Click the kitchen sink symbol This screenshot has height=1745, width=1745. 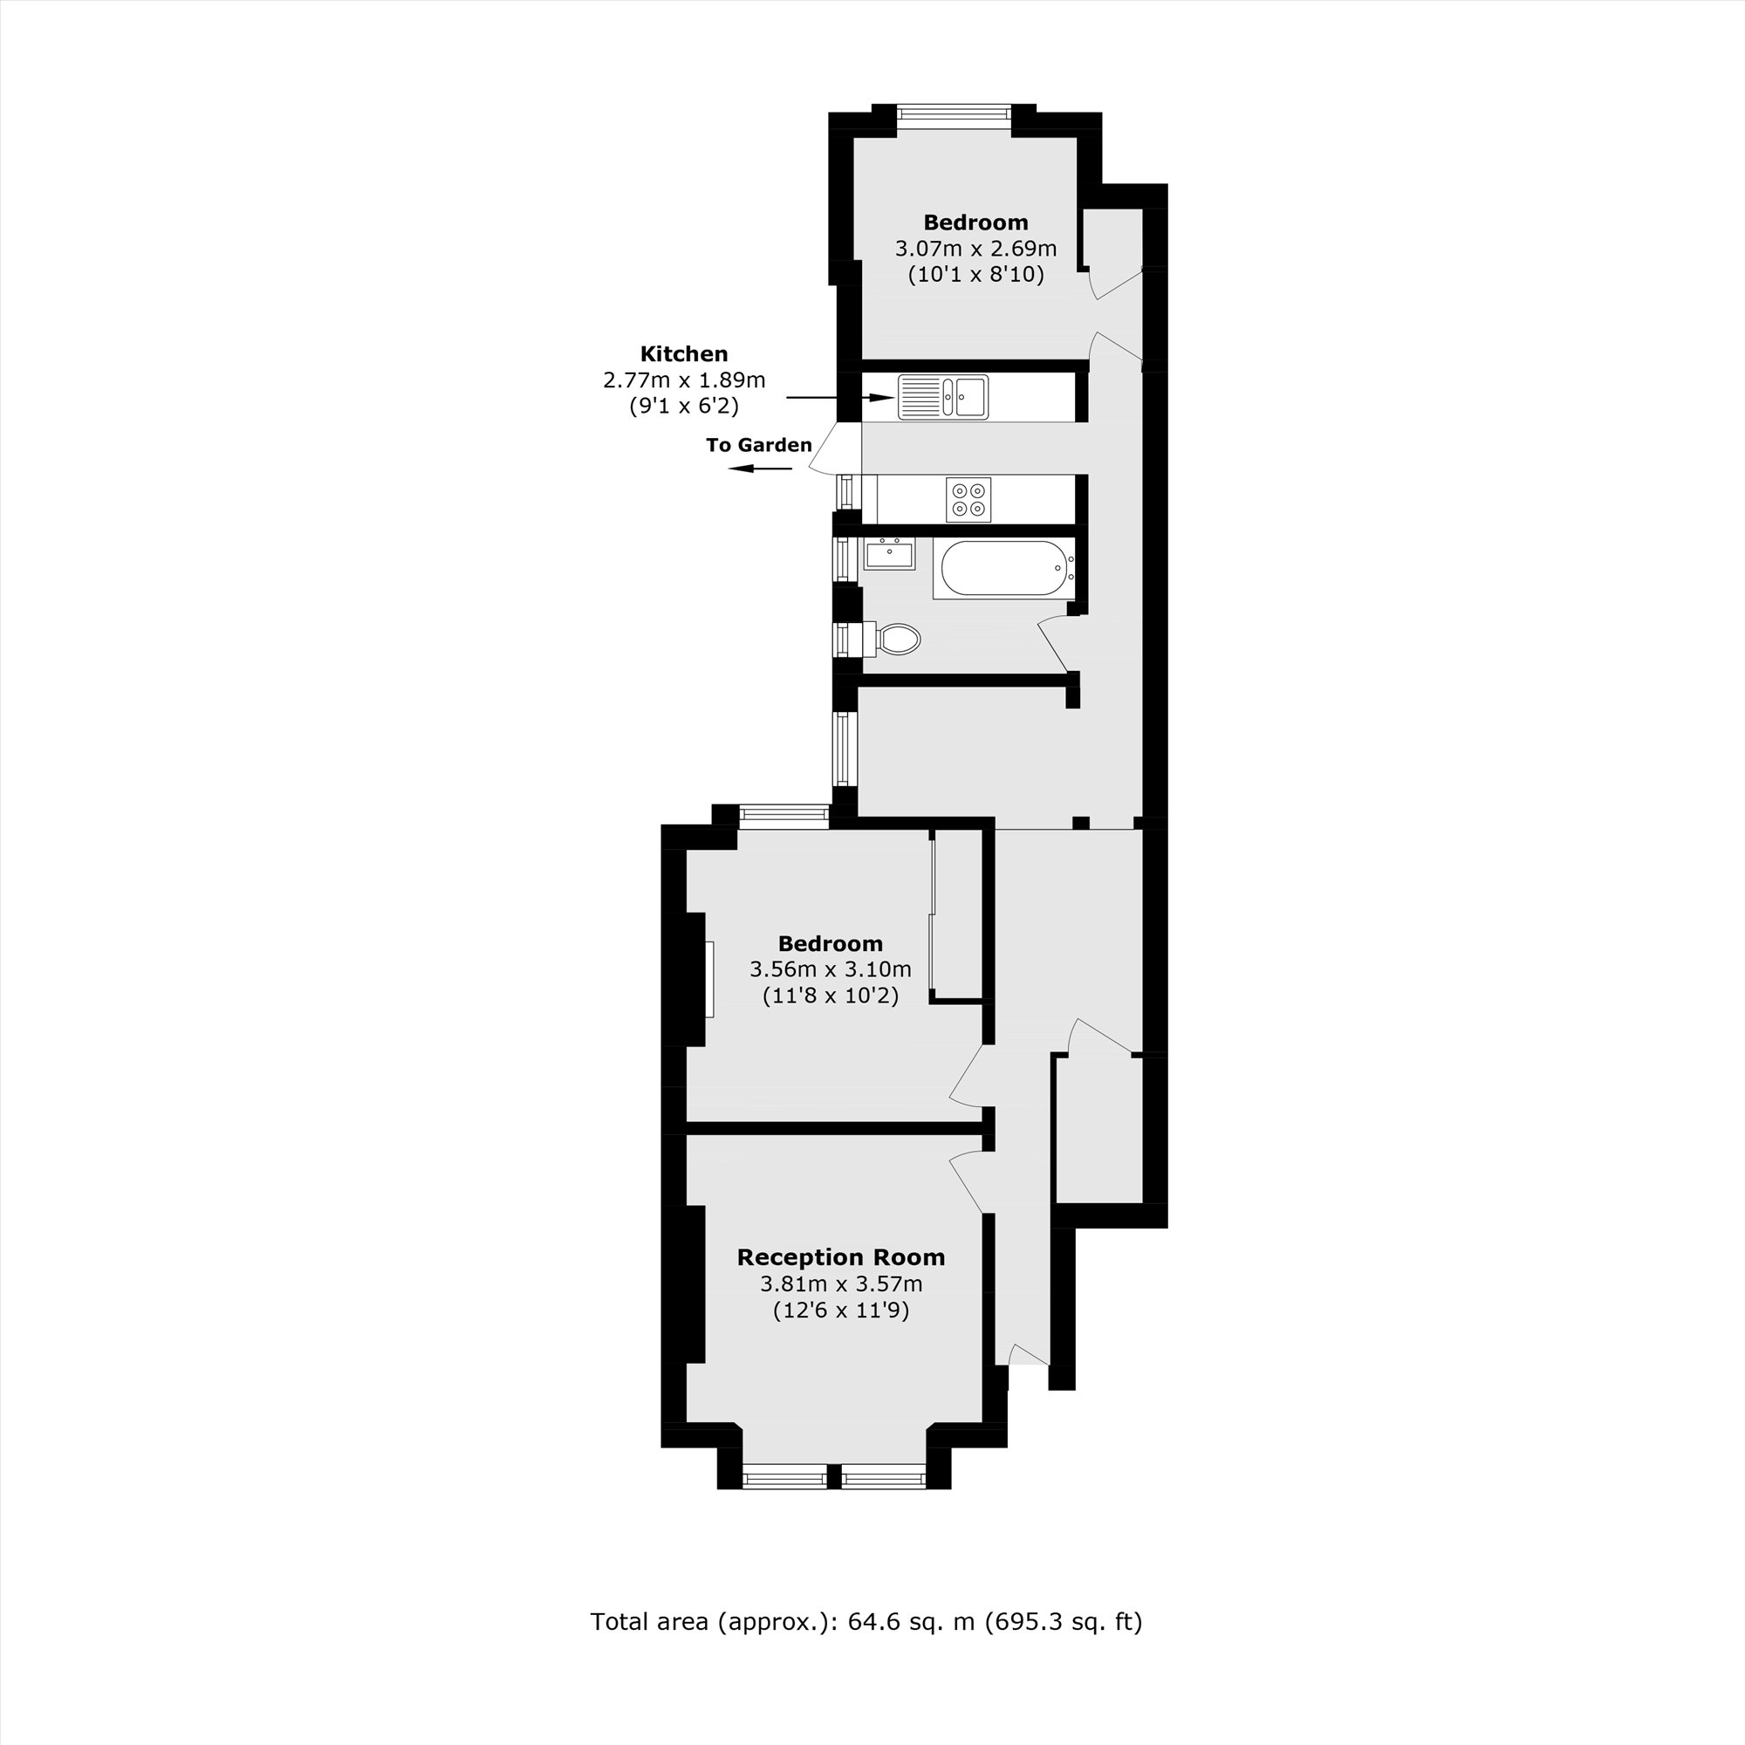pyautogui.click(x=943, y=397)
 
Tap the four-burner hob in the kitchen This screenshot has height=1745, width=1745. pyautogui.click(x=968, y=499)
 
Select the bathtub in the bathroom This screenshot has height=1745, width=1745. pyautogui.click(x=1003, y=569)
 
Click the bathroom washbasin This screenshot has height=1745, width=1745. pyautogui.click(x=890, y=554)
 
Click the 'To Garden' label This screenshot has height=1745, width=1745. pyautogui.click(x=759, y=445)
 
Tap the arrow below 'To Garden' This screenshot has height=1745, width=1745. pyautogui.click(x=760, y=468)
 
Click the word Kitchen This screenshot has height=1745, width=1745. pyautogui.click(x=684, y=354)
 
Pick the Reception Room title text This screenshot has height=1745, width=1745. pyautogui.click(x=841, y=1257)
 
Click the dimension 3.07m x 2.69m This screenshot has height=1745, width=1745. pyautogui.click(x=975, y=249)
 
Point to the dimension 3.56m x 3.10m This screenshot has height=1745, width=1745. pyautogui.click(x=830, y=970)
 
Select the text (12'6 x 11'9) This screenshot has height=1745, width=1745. pyautogui.click(x=841, y=1310)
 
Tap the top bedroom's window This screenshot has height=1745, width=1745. pyautogui.click(x=953, y=113)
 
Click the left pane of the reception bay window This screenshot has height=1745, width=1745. pyautogui.click(x=784, y=1479)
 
